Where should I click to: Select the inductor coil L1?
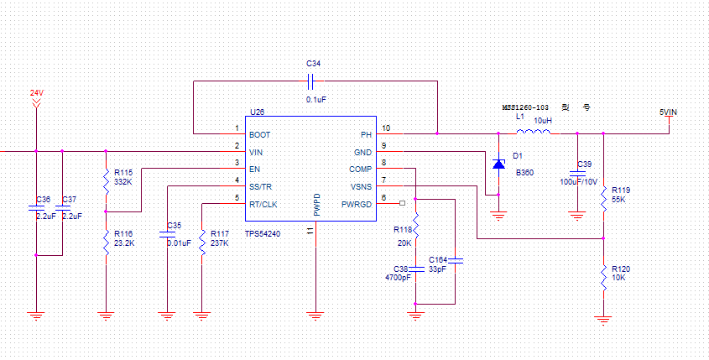point(534,133)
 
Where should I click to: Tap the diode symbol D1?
point(498,164)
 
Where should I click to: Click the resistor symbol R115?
point(106,180)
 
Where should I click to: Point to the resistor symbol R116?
point(106,243)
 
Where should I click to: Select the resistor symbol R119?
point(602,198)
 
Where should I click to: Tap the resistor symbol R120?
point(602,276)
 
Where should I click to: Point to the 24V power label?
point(36,92)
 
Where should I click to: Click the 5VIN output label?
point(667,111)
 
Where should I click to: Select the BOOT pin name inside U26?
point(260,134)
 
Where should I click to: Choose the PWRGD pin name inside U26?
point(356,205)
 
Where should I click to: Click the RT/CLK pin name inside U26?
point(263,205)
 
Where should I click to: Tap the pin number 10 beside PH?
point(386,128)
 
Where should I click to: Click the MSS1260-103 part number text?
point(525,108)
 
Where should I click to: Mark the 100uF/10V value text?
point(579,181)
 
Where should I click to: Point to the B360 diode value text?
point(524,172)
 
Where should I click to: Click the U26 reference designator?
point(257,112)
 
